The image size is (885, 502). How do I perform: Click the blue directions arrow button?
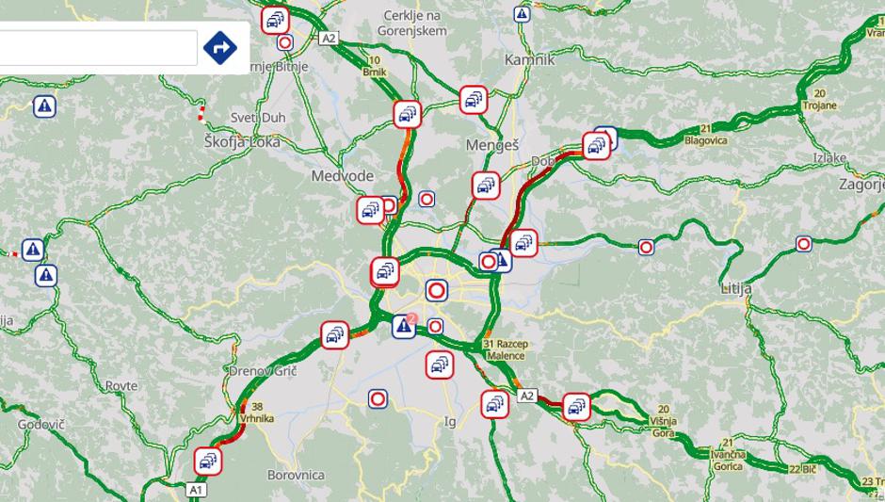220,46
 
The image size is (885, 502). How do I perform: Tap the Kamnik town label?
530,59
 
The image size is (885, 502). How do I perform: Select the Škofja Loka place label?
241,141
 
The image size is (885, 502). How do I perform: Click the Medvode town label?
343,176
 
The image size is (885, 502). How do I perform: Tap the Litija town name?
736,287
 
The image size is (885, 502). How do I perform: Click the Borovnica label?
296,475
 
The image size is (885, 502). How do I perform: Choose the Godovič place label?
40,425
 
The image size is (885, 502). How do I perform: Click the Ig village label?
450,421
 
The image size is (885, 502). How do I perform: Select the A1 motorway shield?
196,490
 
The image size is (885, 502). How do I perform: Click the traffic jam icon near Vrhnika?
209,461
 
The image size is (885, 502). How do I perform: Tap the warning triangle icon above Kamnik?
522,14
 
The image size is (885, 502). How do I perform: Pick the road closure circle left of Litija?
646,247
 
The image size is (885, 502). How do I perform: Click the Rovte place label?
121,386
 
